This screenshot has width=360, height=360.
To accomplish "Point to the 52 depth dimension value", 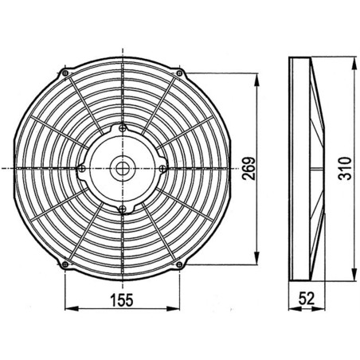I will (x=306, y=299).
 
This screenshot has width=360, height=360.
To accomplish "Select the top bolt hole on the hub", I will (x=121, y=128).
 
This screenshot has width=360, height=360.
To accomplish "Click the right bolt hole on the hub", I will (x=162, y=168).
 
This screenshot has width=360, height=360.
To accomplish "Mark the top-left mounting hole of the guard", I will (x=65, y=73).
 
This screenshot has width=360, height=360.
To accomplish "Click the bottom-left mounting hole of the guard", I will (x=65, y=264).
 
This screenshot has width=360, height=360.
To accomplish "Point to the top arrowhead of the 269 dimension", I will (x=257, y=78).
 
